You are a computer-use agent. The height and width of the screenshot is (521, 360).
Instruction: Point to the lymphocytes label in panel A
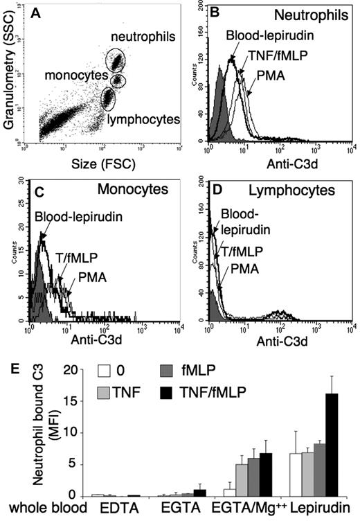(x=148, y=120)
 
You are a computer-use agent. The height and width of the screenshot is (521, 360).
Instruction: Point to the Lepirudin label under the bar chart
(x=330, y=506)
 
